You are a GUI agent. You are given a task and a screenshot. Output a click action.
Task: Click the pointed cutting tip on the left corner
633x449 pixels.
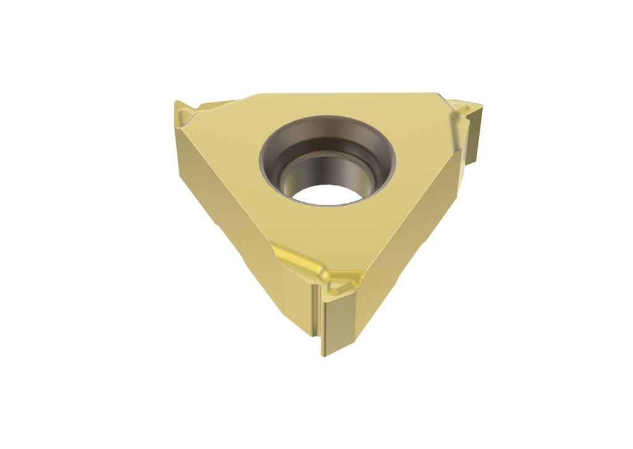[178, 105]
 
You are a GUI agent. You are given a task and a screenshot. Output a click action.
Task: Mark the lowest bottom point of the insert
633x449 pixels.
[324, 354]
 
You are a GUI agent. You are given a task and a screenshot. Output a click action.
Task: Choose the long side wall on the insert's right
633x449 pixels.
[420, 223]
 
